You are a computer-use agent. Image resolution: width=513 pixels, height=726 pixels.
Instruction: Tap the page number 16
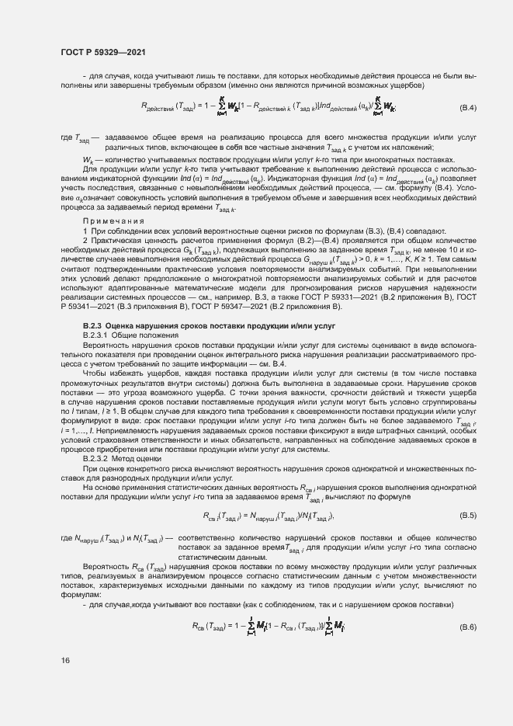(65, 660)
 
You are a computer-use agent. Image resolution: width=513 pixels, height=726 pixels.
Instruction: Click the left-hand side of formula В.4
(172, 107)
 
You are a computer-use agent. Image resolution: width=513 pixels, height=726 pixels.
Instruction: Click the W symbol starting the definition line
(88, 159)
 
